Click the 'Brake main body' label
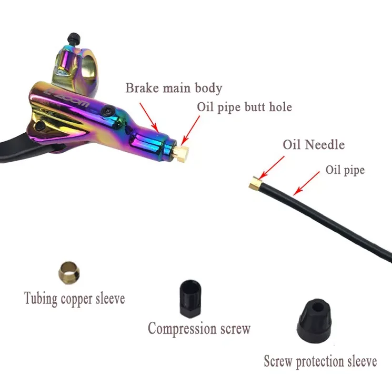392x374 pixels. point(174,88)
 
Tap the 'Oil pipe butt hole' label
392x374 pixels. point(244,107)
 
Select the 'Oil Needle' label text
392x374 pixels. point(314,144)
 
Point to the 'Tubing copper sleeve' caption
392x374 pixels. point(75,298)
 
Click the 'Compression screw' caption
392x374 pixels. point(199,329)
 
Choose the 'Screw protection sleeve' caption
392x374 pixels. point(320,361)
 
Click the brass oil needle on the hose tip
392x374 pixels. point(254,182)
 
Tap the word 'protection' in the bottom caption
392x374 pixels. point(320,362)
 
